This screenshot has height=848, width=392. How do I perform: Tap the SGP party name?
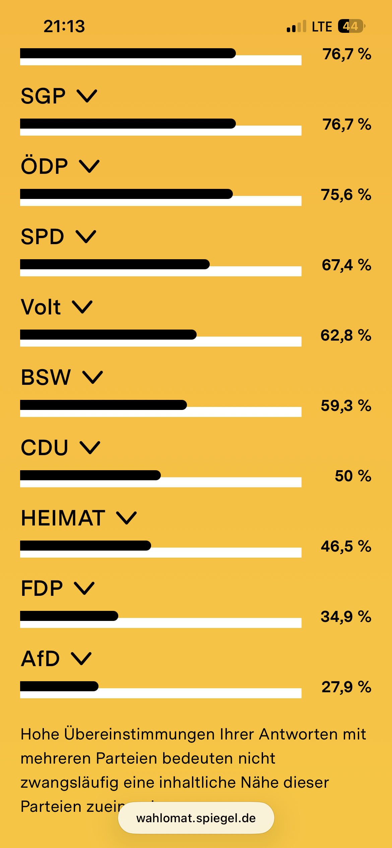[43, 96]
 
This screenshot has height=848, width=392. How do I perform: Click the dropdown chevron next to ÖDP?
[89, 166]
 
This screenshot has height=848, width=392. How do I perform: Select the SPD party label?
[42, 237]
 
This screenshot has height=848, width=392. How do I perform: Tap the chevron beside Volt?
[82, 307]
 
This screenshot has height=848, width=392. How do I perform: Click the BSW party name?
[46, 377]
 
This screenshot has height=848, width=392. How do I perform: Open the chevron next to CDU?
[90, 447]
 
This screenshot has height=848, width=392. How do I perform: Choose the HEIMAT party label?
[63, 518]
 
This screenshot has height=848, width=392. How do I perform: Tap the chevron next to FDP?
[84, 588]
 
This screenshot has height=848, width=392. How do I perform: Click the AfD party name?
[40, 659]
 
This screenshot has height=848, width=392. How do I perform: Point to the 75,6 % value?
[346, 195]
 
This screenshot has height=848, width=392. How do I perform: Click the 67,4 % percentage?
[346, 265]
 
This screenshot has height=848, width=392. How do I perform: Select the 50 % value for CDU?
[353, 476]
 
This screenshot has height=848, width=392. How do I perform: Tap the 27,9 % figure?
[346, 687]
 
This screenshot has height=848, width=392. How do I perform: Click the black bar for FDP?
[69, 616]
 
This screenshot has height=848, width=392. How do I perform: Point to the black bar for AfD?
[59, 686]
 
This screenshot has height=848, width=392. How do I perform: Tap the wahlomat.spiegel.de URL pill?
[196, 818]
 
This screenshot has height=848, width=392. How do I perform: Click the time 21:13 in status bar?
[64, 26]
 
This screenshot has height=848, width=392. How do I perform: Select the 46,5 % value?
[346, 546]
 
